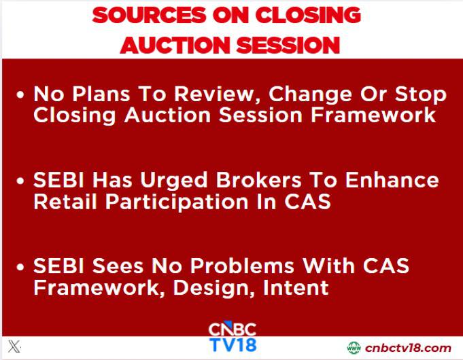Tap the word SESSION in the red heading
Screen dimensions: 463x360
288,45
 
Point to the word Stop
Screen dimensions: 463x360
421,95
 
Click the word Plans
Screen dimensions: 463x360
101,94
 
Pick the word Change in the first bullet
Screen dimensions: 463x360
310,95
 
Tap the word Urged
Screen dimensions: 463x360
174,181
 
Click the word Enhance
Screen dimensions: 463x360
392,180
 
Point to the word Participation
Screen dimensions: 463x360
177,202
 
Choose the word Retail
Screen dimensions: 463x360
65,202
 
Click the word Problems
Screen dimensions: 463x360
242,266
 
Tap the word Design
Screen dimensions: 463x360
214,288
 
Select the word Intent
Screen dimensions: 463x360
296,287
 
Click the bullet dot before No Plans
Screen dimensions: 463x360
20,94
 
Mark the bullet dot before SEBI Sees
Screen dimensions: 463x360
20,266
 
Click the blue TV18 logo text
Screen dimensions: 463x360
233,345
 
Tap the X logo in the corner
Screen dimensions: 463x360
14,346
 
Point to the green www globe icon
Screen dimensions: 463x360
354,348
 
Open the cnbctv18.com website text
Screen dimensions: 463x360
408,348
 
